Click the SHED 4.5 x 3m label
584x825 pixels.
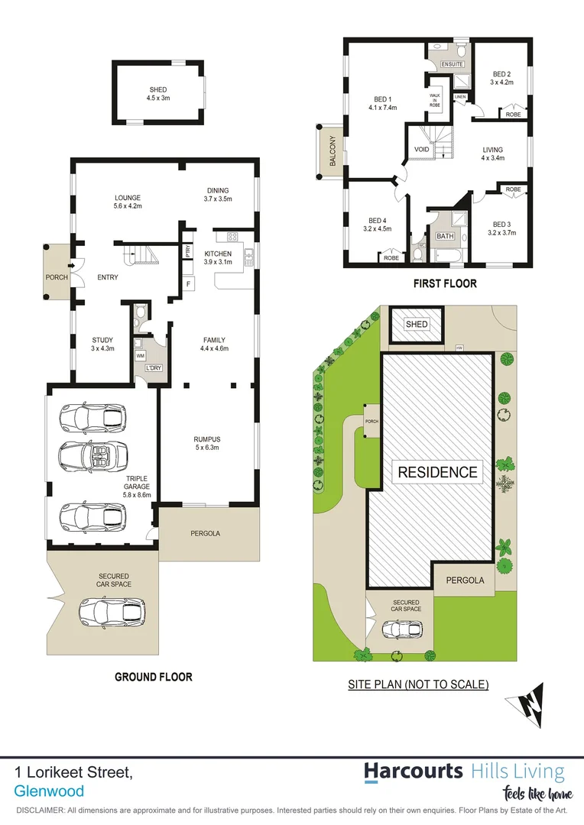tap(158, 94)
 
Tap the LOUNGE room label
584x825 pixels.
tap(128, 198)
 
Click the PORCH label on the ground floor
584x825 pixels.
tap(57, 277)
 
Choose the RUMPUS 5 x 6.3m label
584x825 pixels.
tap(206, 443)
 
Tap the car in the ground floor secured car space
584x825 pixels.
tap(112, 611)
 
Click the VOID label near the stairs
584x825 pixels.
tap(421, 150)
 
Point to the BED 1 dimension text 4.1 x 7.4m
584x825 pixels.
tap(383, 108)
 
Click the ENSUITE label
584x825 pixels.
tap(453, 64)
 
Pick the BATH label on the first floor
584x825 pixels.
tap(445, 236)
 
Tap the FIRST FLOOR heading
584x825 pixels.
tap(445, 283)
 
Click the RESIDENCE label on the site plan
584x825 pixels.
tap(437, 472)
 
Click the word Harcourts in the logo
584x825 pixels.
tap(413, 771)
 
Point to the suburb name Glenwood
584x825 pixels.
tap(49, 791)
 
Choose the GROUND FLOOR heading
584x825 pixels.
tap(153, 677)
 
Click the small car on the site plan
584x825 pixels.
tap(401, 629)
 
